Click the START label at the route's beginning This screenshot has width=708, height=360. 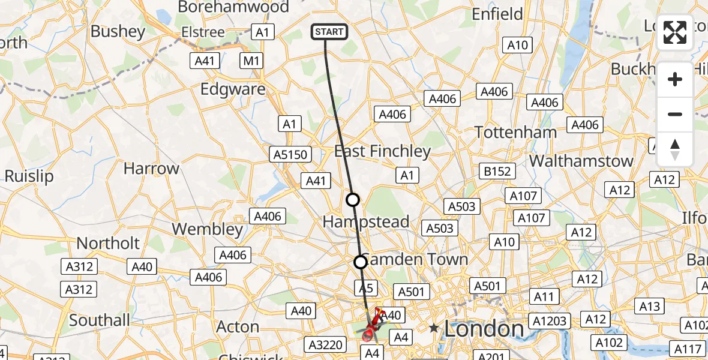[x=329, y=32]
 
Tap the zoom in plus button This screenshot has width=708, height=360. [x=675, y=80]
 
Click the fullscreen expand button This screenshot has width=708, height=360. [x=675, y=32]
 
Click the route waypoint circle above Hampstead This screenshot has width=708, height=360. [x=353, y=200]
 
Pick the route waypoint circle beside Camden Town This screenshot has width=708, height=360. [x=360, y=262]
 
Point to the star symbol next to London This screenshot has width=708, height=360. [x=434, y=328]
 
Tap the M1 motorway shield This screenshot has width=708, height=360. [x=251, y=60]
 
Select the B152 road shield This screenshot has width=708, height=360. [x=497, y=171]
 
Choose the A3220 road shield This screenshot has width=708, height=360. [x=327, y=344]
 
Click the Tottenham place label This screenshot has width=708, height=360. [x=515, y=132]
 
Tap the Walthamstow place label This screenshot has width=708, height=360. [x=581, y=161]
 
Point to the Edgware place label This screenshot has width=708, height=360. [x=233, y=89]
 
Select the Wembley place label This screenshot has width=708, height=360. [x=208, y=229]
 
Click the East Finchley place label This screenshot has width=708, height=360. [x=382, y=151]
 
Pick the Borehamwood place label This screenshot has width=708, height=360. [x=234, y=7]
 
